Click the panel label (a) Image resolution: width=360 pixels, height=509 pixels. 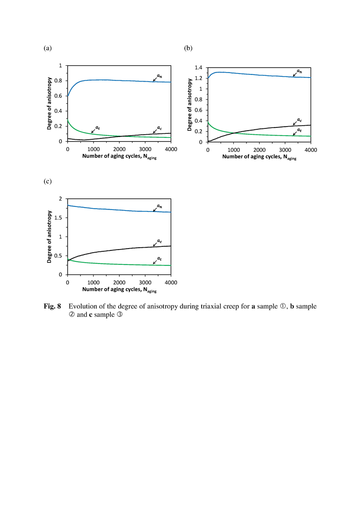coord(48,48)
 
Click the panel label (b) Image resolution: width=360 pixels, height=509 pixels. coord(188,48)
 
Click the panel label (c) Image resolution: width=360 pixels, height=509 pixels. coord(48,181)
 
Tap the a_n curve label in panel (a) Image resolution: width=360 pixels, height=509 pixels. coord(159,76)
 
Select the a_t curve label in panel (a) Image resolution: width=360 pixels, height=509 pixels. coord(98,128)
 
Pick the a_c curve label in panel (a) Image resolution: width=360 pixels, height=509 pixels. coord(159,128)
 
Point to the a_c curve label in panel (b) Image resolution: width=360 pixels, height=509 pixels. coord(299,120)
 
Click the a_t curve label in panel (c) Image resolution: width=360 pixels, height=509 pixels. coord(159,259)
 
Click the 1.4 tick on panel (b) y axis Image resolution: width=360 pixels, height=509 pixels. coord(198,68)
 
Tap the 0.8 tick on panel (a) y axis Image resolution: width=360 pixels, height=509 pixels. coord(58,80)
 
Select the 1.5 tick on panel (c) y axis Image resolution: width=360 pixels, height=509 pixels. coord(58,218)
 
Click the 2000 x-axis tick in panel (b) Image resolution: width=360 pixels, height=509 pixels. coord(259,150)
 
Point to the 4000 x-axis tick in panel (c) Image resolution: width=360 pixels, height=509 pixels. coord(171,283)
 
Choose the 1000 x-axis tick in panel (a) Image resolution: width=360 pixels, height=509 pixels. coord(94,149)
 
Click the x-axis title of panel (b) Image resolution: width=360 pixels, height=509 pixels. coord(259,157)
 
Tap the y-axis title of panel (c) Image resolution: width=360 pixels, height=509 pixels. coord(49,237)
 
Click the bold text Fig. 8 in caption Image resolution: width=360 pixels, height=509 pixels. coord(52,306)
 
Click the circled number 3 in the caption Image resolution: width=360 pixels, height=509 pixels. coord(119,314)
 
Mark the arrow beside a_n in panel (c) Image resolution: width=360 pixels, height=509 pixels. coord(155,210)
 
